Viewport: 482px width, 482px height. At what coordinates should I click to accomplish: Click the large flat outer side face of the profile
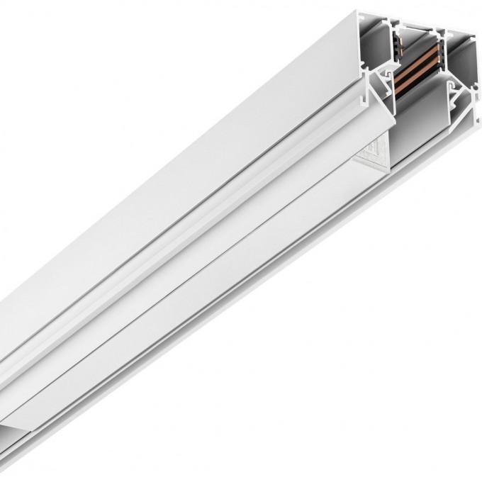[x=177, y=142]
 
